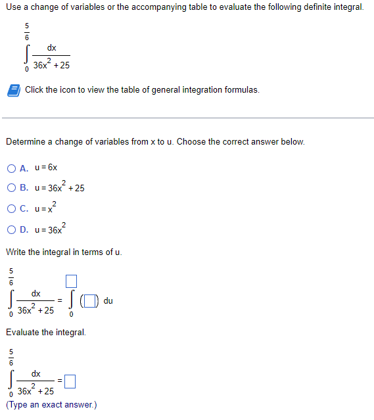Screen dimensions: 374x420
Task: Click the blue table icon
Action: [x=14, y=89]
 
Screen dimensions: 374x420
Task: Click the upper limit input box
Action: [x=72, y=282]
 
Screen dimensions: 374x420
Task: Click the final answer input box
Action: [x=71, y=381]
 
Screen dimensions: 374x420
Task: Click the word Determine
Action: [x=25, y=141]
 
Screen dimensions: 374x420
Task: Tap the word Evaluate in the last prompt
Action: [x=23, y=332]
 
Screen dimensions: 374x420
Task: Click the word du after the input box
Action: [x=108, y=301]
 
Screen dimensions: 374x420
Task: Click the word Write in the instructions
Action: [x=16, y=252]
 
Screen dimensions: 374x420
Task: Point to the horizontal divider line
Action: [x=187, y=118]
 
